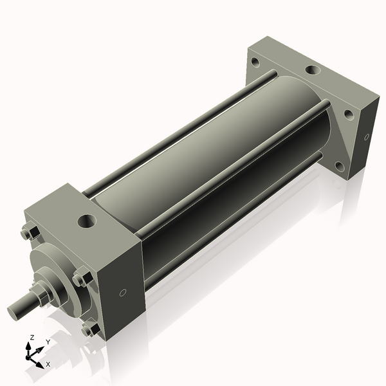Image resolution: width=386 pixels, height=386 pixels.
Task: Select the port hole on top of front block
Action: (86, 222)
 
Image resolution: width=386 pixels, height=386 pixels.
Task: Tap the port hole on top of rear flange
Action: (313, 70)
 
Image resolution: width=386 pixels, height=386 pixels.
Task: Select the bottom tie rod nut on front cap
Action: (90, 330)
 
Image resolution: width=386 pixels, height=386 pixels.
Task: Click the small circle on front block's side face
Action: (123, 293)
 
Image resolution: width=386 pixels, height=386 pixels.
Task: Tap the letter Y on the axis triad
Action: (48, 342)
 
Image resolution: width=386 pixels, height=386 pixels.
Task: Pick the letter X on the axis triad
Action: (48, 364)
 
